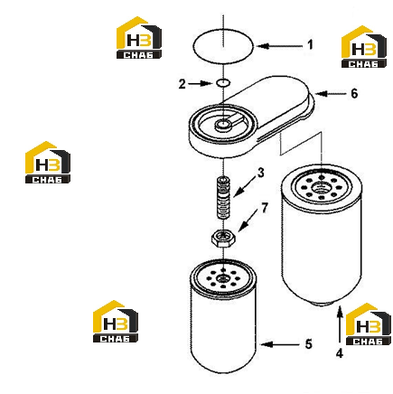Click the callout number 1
310,45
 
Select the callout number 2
182,84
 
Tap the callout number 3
260,173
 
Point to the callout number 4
340,353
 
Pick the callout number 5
308,344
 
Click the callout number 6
354,93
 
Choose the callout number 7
265,208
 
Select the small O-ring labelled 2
223,79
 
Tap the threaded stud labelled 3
223,197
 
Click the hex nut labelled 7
223,238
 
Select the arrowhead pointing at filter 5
267,344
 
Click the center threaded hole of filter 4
321,189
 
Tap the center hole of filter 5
223,278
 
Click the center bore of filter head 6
223,124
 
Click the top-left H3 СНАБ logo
139,38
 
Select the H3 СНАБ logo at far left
48,163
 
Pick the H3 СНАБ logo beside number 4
368,324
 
